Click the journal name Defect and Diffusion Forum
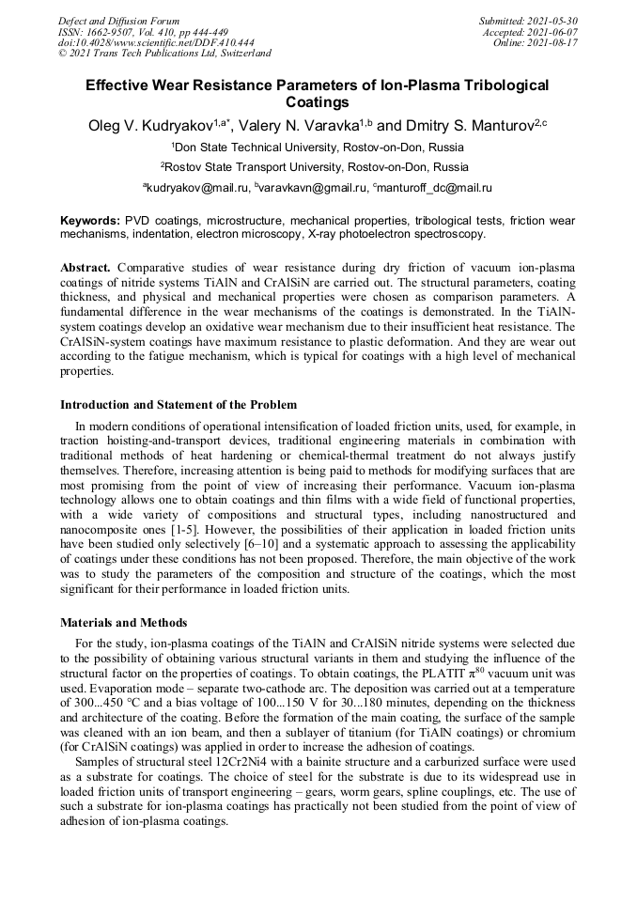coord(118,21)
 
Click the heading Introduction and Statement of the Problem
coord(179,405)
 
